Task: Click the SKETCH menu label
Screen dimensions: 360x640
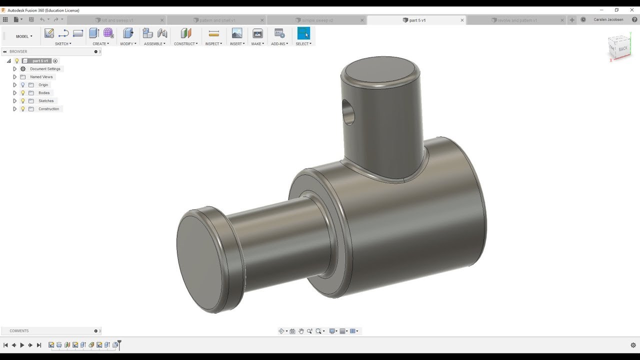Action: coord(62,44)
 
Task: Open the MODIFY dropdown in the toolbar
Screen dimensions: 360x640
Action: coord(127,44)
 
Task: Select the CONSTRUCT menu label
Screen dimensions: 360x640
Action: coord(185,44)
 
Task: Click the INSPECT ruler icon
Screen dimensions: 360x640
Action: coord(214,33)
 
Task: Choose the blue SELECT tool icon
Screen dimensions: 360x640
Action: coord(303,33)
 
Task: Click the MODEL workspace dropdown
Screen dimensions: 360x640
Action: coord(24,36)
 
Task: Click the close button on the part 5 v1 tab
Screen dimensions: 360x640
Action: coord(462,20)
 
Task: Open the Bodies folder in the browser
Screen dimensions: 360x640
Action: coord(44,93)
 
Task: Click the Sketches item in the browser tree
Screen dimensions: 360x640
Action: coord(46,101)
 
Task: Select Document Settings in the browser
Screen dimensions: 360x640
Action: coord(45,69)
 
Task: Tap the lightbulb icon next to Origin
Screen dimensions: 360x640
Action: coord(22,85)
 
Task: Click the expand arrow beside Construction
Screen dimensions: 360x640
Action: coord(14,109)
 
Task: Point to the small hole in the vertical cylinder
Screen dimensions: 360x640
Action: coord(349,112)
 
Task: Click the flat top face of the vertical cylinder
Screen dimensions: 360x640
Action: coord(380,70)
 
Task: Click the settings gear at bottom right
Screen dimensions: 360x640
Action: coord(633,345)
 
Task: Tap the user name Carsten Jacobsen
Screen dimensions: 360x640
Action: coord(608,20)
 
